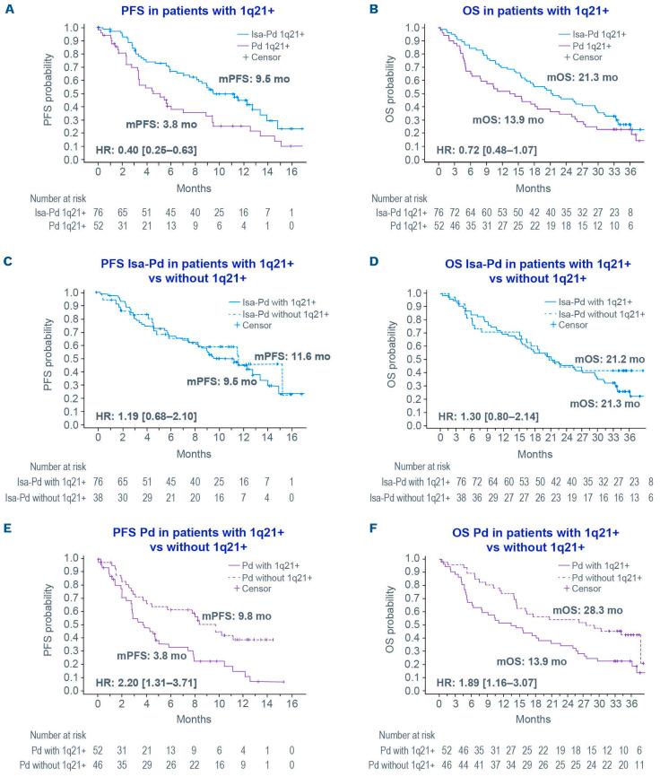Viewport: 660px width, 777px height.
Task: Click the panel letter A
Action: point(8,8)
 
